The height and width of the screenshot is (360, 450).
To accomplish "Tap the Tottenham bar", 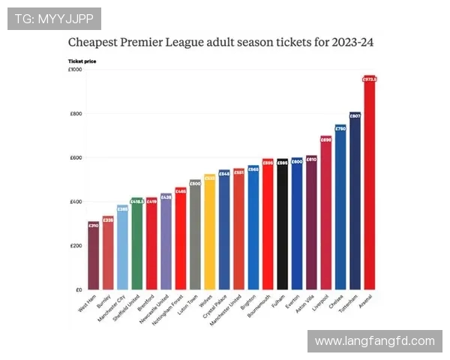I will point(355,202).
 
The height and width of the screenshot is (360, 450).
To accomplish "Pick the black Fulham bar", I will point(282,225).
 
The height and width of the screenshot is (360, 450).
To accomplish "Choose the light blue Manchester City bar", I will point(122,247).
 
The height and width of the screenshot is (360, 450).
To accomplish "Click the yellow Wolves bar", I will point(209,232).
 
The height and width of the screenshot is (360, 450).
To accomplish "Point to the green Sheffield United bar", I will point(136,244).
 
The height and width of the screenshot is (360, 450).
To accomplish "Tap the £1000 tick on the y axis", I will point(75,70).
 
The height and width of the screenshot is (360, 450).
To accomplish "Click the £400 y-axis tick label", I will point(75,202).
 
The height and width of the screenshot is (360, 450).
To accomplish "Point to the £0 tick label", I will point(77,289).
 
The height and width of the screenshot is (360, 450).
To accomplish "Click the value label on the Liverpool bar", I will point(325,139).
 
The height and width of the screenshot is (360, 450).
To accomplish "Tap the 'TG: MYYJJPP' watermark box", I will point(54,19).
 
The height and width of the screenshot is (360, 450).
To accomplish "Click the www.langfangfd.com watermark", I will point(374,340).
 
